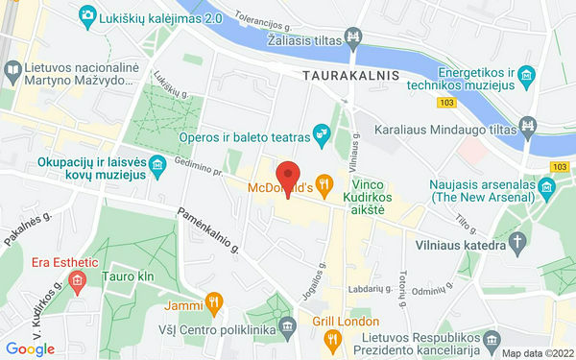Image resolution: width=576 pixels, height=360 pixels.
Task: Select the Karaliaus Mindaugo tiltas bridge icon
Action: [x=527, y=126]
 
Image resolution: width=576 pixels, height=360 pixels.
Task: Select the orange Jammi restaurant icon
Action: [x=215, y=306]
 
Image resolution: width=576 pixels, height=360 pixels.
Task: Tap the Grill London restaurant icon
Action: [x=332, y=339]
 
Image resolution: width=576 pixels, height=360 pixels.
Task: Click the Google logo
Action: [x=30, y=349]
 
